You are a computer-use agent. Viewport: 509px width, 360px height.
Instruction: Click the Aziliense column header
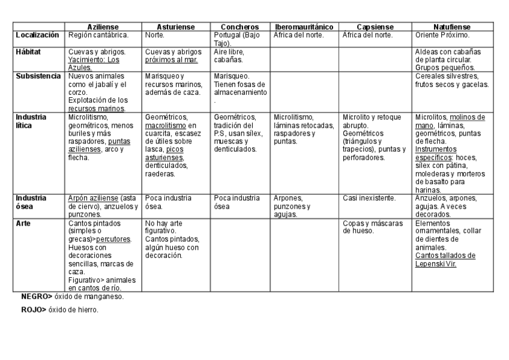(x=103, y=27)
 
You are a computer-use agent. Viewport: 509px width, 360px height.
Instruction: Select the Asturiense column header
(x=176, y=27)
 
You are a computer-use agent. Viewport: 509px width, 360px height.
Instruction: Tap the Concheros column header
(x=239, y=27)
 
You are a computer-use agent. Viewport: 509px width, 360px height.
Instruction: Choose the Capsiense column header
(x=375, y=27)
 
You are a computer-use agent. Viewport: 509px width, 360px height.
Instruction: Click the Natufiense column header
(x=452, y=27)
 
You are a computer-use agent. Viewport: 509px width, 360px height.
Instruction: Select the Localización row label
(x=37, y=35)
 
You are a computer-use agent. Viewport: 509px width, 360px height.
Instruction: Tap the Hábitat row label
(x=28, y=52)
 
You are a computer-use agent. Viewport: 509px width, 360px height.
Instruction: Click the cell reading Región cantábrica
(x=98, y=35)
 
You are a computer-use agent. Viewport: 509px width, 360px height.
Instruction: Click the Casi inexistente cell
(x=369, y=198)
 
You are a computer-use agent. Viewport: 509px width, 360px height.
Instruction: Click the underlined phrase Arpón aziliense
(x=94, y=198)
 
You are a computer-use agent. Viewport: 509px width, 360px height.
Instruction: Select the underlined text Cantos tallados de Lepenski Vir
(x=445, y=259)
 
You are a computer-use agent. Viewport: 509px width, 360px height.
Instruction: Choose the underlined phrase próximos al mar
(x=172, y=60)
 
